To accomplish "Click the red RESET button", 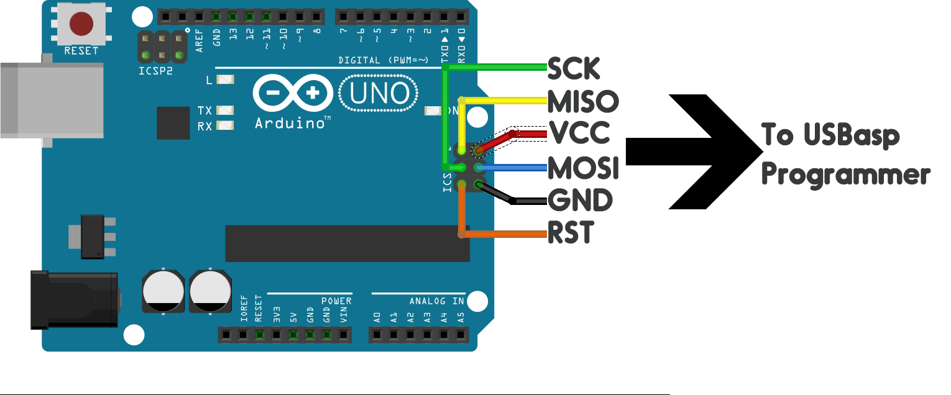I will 81,24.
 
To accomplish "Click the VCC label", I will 579,132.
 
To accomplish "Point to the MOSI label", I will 583,168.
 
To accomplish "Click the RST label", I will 570,233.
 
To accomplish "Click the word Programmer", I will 845,175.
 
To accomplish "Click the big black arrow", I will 702,153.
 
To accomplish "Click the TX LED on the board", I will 225,111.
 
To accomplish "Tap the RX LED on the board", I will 225,125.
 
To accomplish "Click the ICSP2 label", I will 155,71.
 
